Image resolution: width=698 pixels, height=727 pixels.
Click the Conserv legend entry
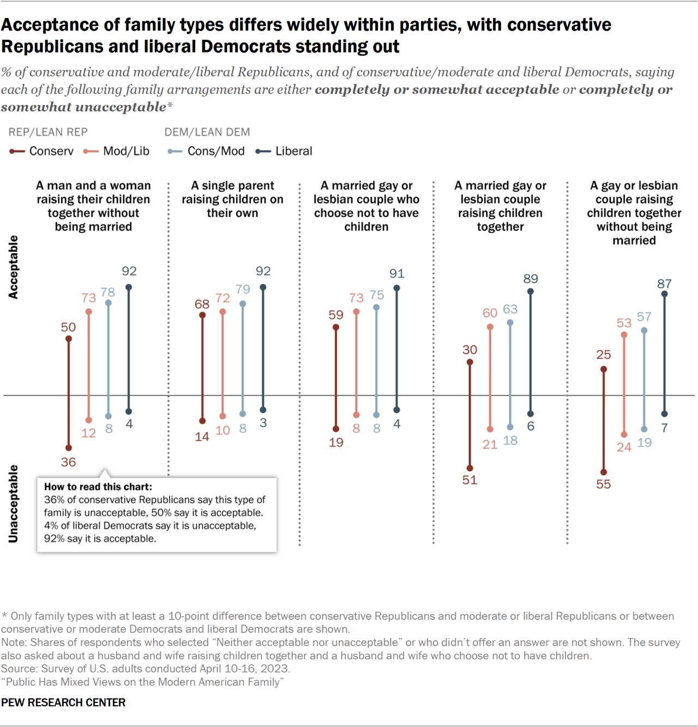(x=42, y=151)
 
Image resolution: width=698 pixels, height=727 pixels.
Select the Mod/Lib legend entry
(x=117, y=151)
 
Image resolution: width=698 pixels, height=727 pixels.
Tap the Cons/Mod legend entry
(x=207, y=151)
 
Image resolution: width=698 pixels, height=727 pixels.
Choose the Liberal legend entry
(x=284, y=151)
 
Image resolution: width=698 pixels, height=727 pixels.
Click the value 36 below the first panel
(x=68, y=462)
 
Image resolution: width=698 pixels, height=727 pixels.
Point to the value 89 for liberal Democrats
(x=531, y=279)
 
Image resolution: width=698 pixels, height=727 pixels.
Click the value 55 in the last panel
(x=603, y=484)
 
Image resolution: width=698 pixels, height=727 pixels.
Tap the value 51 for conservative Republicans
(x=470, y=480)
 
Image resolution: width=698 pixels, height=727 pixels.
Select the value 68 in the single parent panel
(x=202, y=304)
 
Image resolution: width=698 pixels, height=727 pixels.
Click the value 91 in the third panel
(x=396, y=273)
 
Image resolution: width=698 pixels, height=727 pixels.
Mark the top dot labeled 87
(x=664, y=294)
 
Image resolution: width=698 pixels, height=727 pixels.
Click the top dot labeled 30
(x=470, y=362)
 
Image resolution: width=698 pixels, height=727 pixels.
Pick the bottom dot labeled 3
(x=263, y=410)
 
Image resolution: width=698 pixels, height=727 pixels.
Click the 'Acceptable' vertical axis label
(x=13, y=267)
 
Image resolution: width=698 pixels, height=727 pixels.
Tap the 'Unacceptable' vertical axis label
(x=13, y=504)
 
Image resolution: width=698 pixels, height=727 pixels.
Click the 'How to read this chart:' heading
(x=98, y=487)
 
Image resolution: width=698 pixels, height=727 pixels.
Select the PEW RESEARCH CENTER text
(x=63, y=702)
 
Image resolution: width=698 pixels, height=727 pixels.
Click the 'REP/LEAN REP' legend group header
(x=48, y=132)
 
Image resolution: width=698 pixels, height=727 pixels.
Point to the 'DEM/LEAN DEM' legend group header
(x=207, y=132)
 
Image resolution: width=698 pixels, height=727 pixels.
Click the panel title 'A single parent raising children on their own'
(x=232, y=199)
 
